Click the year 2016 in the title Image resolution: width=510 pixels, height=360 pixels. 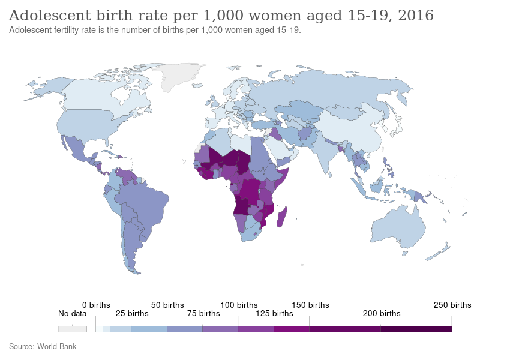(415, 15)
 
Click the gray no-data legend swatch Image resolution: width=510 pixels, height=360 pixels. (72, 329)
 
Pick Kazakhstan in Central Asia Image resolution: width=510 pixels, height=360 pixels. (300, 111)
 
